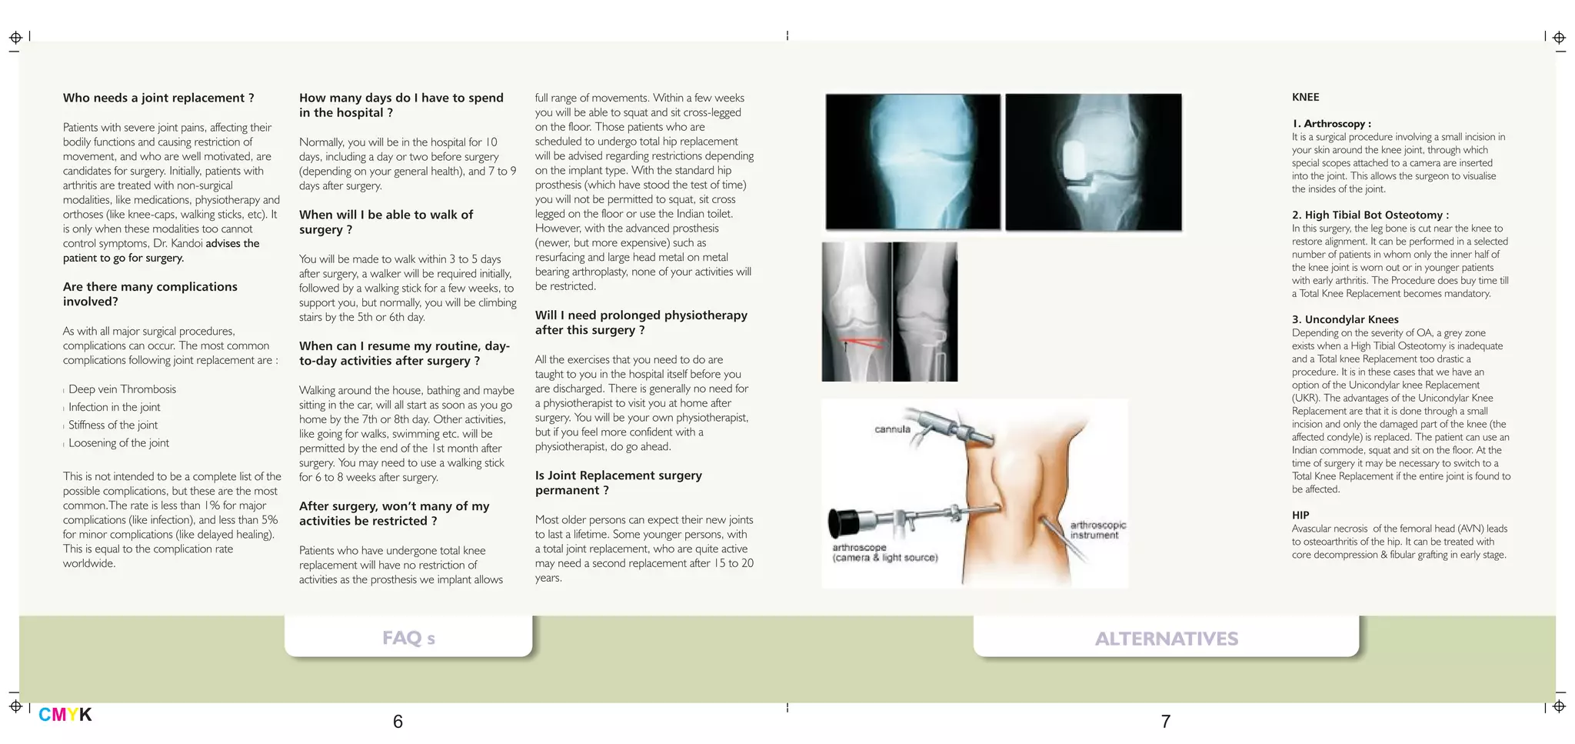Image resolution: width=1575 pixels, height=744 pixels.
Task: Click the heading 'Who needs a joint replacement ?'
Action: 158,98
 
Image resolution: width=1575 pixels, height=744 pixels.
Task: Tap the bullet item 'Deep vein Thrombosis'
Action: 122,389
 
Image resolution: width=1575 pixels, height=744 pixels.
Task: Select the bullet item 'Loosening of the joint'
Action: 118,442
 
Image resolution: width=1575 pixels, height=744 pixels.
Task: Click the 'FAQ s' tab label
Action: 408,638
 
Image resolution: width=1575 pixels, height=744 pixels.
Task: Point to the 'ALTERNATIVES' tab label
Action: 1166,639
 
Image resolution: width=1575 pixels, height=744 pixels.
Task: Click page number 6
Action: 398,722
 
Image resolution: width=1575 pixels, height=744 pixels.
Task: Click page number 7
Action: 1165,722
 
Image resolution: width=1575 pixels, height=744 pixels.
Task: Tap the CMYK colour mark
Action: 65,715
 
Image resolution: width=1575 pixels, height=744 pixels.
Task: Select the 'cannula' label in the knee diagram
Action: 892,429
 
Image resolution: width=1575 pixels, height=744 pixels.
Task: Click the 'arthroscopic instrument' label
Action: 1097,530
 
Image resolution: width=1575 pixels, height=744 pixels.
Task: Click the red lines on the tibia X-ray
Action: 861,343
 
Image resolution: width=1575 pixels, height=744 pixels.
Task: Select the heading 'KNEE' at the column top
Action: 1305,97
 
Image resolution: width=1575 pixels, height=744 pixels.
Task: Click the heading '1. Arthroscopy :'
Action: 1331,123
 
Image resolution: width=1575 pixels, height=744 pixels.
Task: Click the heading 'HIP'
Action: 1300,515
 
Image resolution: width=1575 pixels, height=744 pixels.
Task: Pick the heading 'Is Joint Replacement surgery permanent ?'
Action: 618,482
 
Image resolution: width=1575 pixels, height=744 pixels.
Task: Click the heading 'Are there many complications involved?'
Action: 150,294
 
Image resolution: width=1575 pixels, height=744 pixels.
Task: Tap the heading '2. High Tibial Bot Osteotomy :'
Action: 1370,215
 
